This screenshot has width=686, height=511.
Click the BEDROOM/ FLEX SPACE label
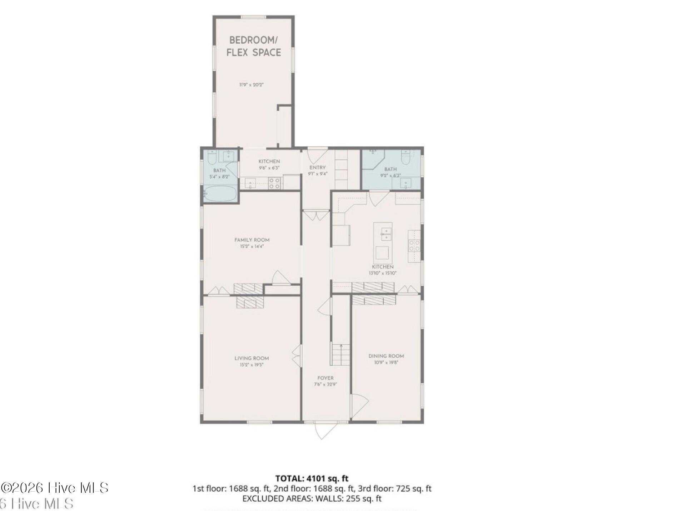click(254, 46)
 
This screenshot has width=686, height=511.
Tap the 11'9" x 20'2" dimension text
click(252, 85)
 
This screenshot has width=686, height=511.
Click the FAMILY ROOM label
click(252, 240)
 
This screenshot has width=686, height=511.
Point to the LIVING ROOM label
click(252, 358)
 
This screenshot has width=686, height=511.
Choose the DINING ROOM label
click(386, 356)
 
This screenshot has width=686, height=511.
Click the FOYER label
click(325, 378)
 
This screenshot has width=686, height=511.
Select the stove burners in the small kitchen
click(274, 183)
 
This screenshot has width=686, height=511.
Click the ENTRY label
click(317, 167)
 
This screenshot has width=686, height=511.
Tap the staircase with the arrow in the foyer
click(340, 354)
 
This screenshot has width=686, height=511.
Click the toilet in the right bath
click(406, 157)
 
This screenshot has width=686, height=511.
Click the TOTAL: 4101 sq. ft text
click(312, 478)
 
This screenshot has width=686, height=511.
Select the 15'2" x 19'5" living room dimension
click(252, 365)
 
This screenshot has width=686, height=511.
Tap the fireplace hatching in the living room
click(250, 303)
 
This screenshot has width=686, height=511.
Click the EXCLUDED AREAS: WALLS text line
click(312, 498)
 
